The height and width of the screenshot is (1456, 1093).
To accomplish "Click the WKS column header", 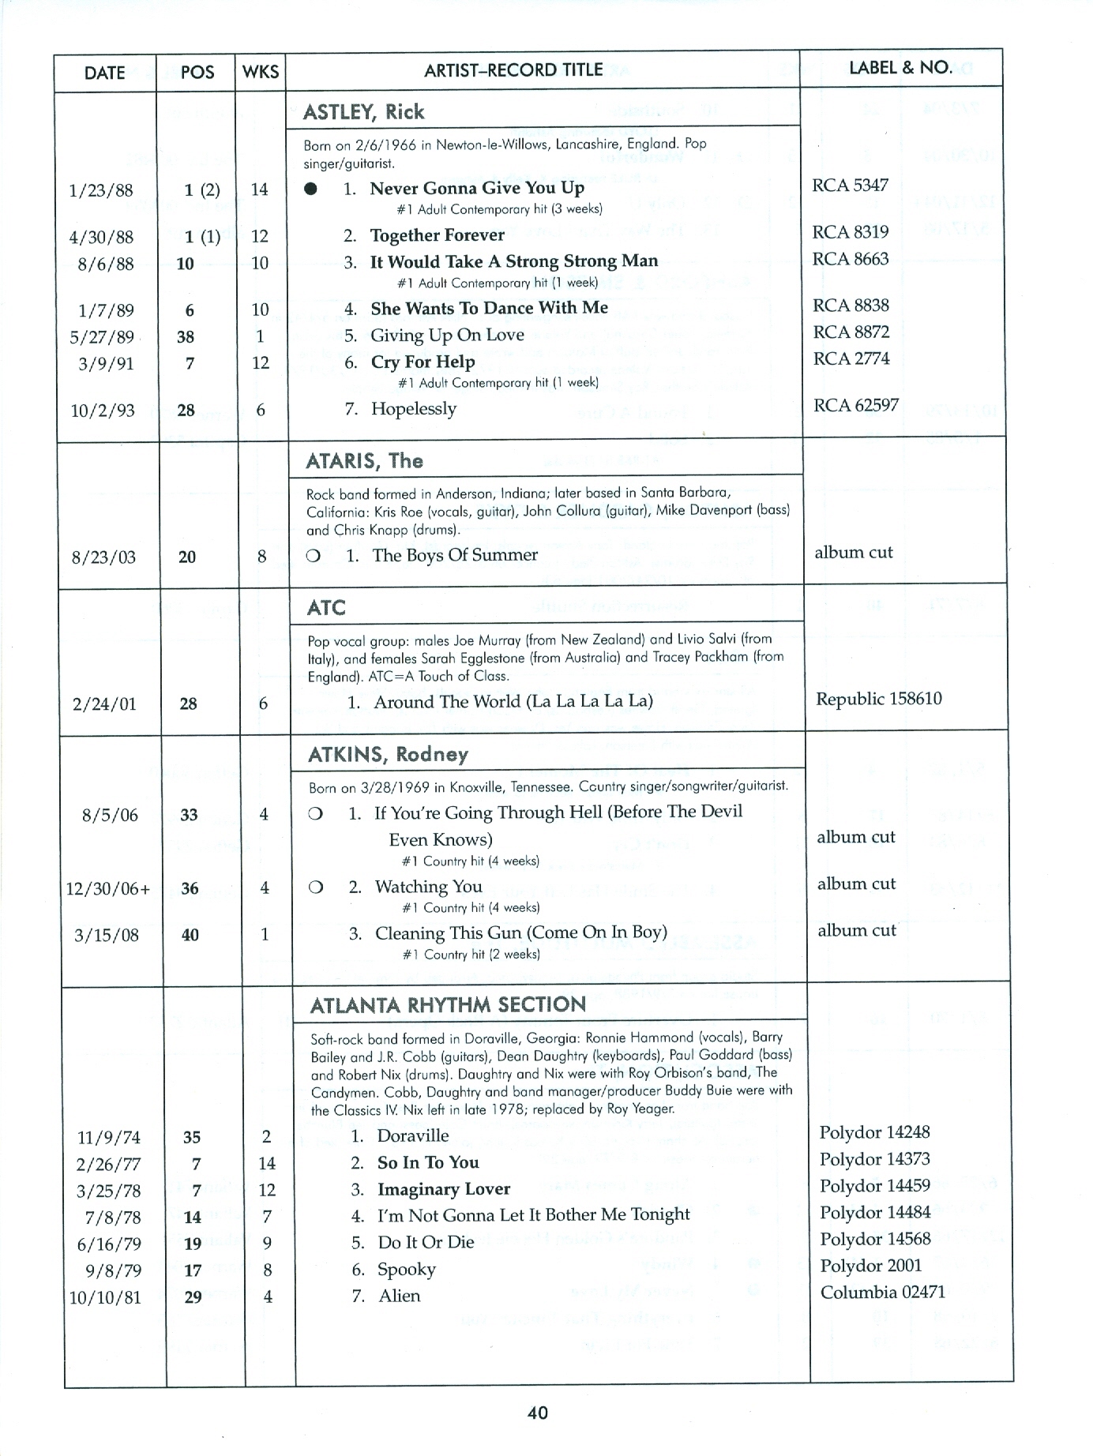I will [x=260, y=72].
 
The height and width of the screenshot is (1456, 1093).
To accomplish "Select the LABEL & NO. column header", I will [x=900, y=68].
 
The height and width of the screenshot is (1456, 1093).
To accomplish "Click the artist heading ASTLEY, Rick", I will [x=364, y=112].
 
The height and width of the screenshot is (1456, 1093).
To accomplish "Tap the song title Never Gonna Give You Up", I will [x=477, y=188].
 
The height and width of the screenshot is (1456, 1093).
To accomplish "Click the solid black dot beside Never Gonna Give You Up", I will [x=311, y=190].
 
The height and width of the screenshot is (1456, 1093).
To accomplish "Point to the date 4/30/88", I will [x=102, y=237].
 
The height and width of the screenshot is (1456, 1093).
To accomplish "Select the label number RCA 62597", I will [x=856, y=406].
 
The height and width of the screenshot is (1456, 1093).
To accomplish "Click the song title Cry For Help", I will [x=423, y=362].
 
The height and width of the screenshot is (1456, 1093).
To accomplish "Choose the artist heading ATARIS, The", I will [x=365, y=461].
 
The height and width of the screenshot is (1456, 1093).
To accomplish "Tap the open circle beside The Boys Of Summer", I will [x=314, y=556].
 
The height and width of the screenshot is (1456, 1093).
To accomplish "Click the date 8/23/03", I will [x=103, y=557].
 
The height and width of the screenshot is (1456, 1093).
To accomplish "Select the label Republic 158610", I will [x=879, y=699].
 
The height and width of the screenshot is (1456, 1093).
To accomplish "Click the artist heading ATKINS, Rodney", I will [x=389, y=755].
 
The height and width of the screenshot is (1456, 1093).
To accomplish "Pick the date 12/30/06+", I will [x=108, y=889].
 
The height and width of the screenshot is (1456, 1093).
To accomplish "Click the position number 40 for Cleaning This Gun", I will [x=190, y=935].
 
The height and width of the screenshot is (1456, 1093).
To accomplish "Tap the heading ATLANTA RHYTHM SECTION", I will [x=448, y=1005].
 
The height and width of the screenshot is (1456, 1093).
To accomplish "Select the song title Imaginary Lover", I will [x=444, y=1189].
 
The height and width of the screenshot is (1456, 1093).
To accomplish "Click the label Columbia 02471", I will [x=883, y=1293].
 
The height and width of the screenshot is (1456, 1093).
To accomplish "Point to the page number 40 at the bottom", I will [x=538, y=1413].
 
